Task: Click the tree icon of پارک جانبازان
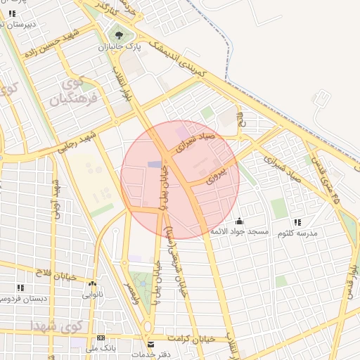pyautogui.click(x=117, y=34)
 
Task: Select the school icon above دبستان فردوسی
pyautogui.click(x=20, y=288)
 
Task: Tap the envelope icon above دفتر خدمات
pyautogui.click(x=150, y=344)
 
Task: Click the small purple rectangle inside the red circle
pyautogui.click(x=154, y=165)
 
